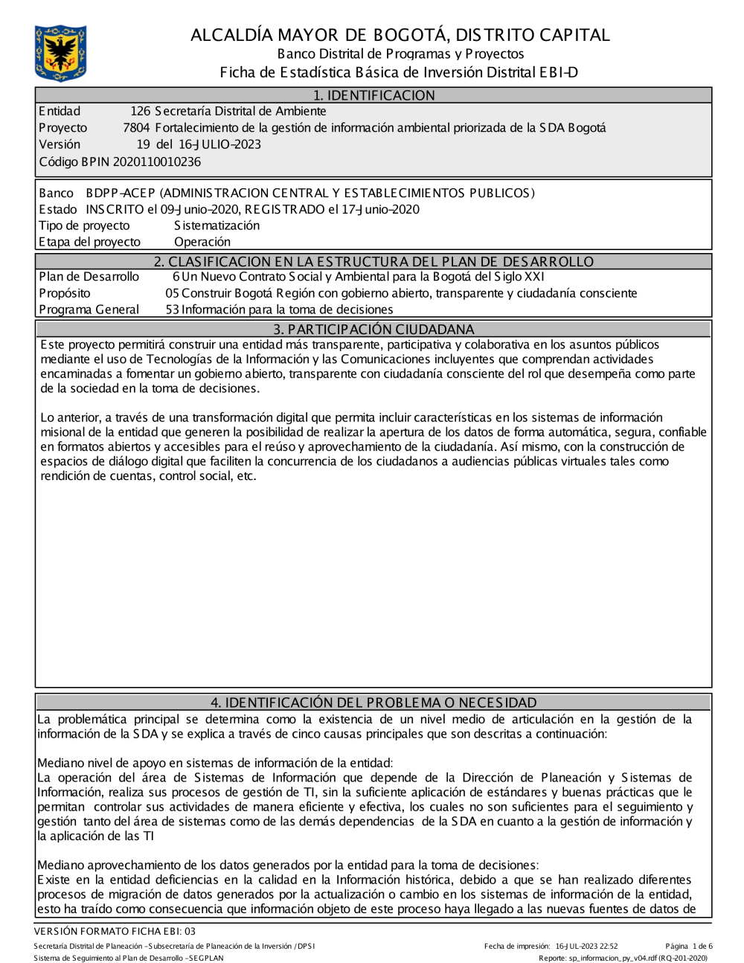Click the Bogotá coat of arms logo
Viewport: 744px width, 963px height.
coord(60,53)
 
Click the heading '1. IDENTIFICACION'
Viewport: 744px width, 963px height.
coord(373,95)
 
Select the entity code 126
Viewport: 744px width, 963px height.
coord(140,112)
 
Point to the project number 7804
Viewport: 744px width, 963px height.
coord(136,128)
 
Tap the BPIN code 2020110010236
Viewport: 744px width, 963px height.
coord(157,161)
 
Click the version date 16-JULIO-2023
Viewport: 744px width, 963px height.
coord(219,144)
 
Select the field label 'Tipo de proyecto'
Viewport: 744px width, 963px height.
coord(84,225)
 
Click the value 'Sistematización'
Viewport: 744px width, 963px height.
coord(217,225)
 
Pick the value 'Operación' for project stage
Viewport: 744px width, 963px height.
coord(202,242)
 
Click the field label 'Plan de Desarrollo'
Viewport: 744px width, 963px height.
coord(89,277)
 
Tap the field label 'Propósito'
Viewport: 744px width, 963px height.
coord(65,293)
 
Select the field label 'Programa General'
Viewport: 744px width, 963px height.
coord(89,310)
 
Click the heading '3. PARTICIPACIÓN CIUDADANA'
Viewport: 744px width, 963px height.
coord(373,329)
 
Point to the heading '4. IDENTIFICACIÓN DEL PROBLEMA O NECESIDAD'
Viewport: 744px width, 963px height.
coord(373,703)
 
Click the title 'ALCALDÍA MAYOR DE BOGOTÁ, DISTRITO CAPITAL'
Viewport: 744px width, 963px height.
coord(400,35)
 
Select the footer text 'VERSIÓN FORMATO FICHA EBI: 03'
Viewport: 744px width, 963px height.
coord(115,931)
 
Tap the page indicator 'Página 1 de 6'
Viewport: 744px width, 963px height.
coord(689,947)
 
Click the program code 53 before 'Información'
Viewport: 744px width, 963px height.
coord(172,310)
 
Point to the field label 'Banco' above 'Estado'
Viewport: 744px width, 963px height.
coord(56,193)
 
